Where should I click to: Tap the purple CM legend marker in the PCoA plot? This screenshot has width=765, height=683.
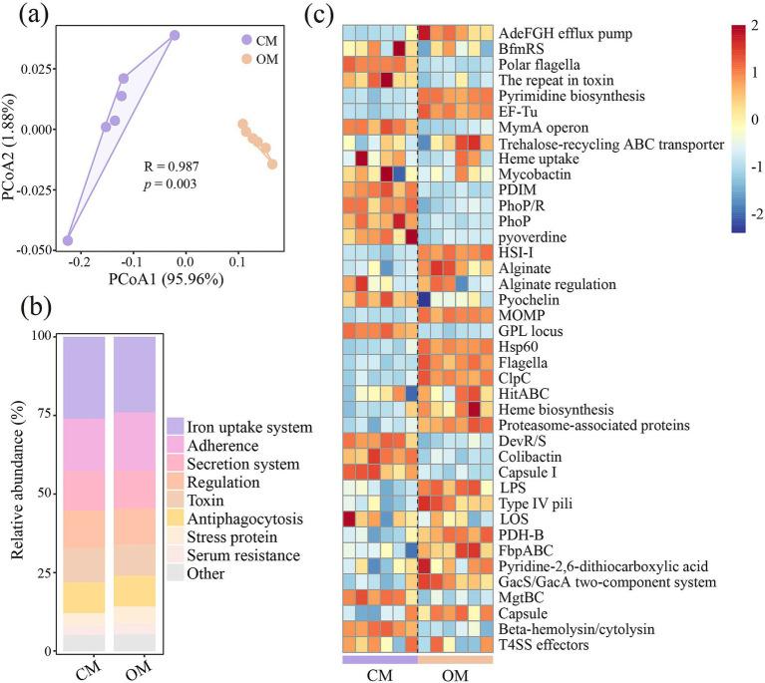pyautogui.click(x=246, y=41)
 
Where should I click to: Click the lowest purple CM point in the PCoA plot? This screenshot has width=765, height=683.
pyautogui.click(x=67, y=240)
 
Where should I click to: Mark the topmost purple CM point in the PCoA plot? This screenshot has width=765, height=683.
pyautogui.click(x=175, y=36)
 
